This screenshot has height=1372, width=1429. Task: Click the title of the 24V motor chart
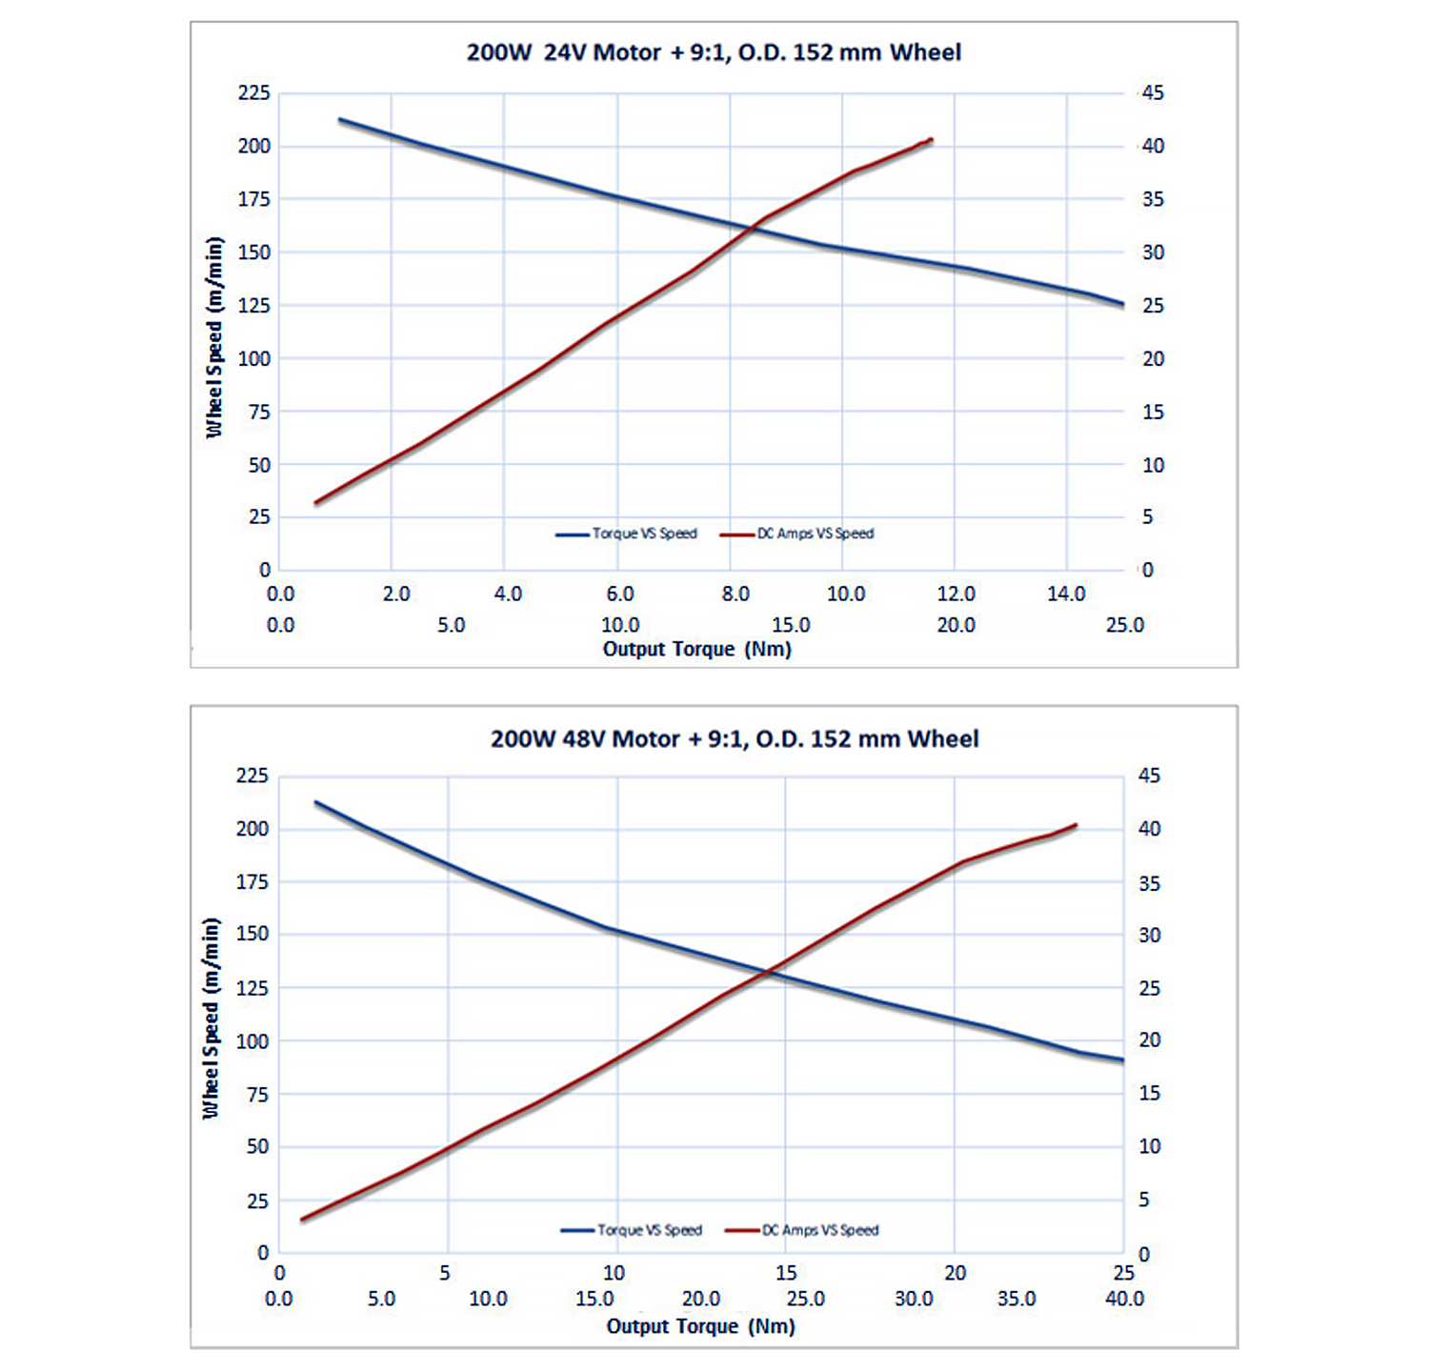(x=714, y=52)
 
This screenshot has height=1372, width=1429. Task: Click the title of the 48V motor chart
(x=735, y=739)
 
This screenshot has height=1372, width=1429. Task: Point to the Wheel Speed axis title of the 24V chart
(x=214, y=337)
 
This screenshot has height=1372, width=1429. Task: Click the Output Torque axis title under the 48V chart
(x=700, y=1326)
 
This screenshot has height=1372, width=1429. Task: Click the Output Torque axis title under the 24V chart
(x=697, y=650)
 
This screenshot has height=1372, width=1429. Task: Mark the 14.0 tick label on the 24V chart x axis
(x=1066, y=595)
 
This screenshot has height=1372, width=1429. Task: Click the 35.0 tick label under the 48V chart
(x=1016, y=1299)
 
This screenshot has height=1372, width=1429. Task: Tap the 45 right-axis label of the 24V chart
(x=1153, y=93)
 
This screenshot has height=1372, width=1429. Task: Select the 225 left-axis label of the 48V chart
(x=252, y=776)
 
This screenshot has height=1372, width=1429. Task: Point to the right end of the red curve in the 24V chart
(x=931, y=140)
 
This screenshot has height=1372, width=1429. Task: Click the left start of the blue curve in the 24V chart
(x=340, y=120)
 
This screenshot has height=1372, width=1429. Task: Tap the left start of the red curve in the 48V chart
(x=302, y=1220)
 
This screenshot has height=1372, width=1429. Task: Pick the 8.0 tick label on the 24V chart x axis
(x=735, y=595)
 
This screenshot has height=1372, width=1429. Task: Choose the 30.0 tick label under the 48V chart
(x=914, y=1299)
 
